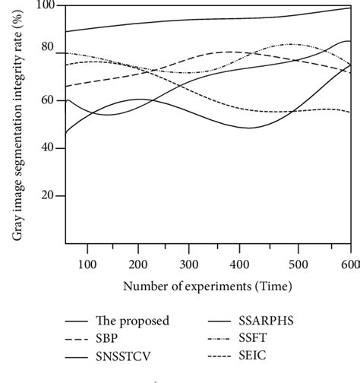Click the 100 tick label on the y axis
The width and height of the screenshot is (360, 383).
(x=46, y=5)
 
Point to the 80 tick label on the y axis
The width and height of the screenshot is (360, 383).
(x=49, y=47)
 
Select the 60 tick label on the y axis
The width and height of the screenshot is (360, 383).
(x=49, y=100)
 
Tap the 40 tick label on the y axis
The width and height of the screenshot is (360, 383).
(x=49, y=147)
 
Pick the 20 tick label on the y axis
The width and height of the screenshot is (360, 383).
(x=49, y=195)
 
